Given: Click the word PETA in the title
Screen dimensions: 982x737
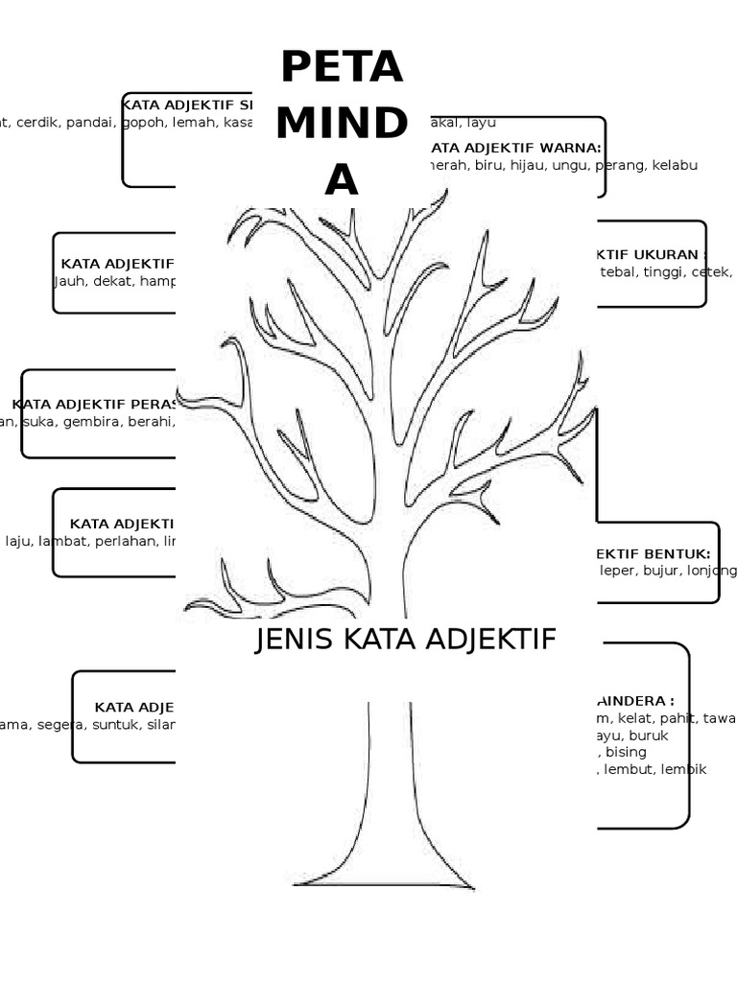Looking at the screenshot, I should pyautogui.click(x=341, y=68).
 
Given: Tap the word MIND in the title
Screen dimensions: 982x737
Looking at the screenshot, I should pyautogui.click(x=341, y=125).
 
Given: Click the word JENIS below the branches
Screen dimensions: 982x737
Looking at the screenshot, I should pyautogui.click(x=289, y=640).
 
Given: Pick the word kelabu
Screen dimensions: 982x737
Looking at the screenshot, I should pyautogui.click(x=675, y=165).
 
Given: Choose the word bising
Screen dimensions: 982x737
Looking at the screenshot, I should pyautogui.click(x=626, y=752).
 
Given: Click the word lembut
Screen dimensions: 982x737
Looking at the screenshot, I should pyautogui.click(x=630, y=769).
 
